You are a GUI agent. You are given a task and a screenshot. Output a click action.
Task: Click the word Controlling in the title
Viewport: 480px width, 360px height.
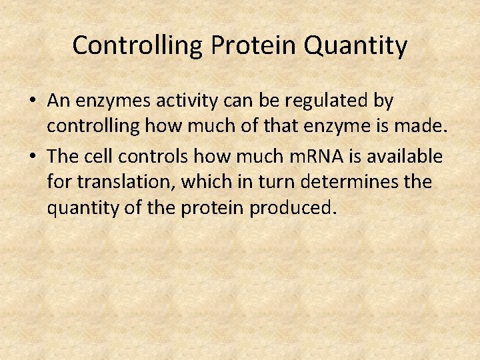139,46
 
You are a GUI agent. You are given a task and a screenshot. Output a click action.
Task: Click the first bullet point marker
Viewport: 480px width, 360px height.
33,102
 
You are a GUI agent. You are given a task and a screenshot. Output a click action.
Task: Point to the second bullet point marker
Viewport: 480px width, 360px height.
33,157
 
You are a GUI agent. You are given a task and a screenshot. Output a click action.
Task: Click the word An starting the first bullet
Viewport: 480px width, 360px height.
59,102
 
